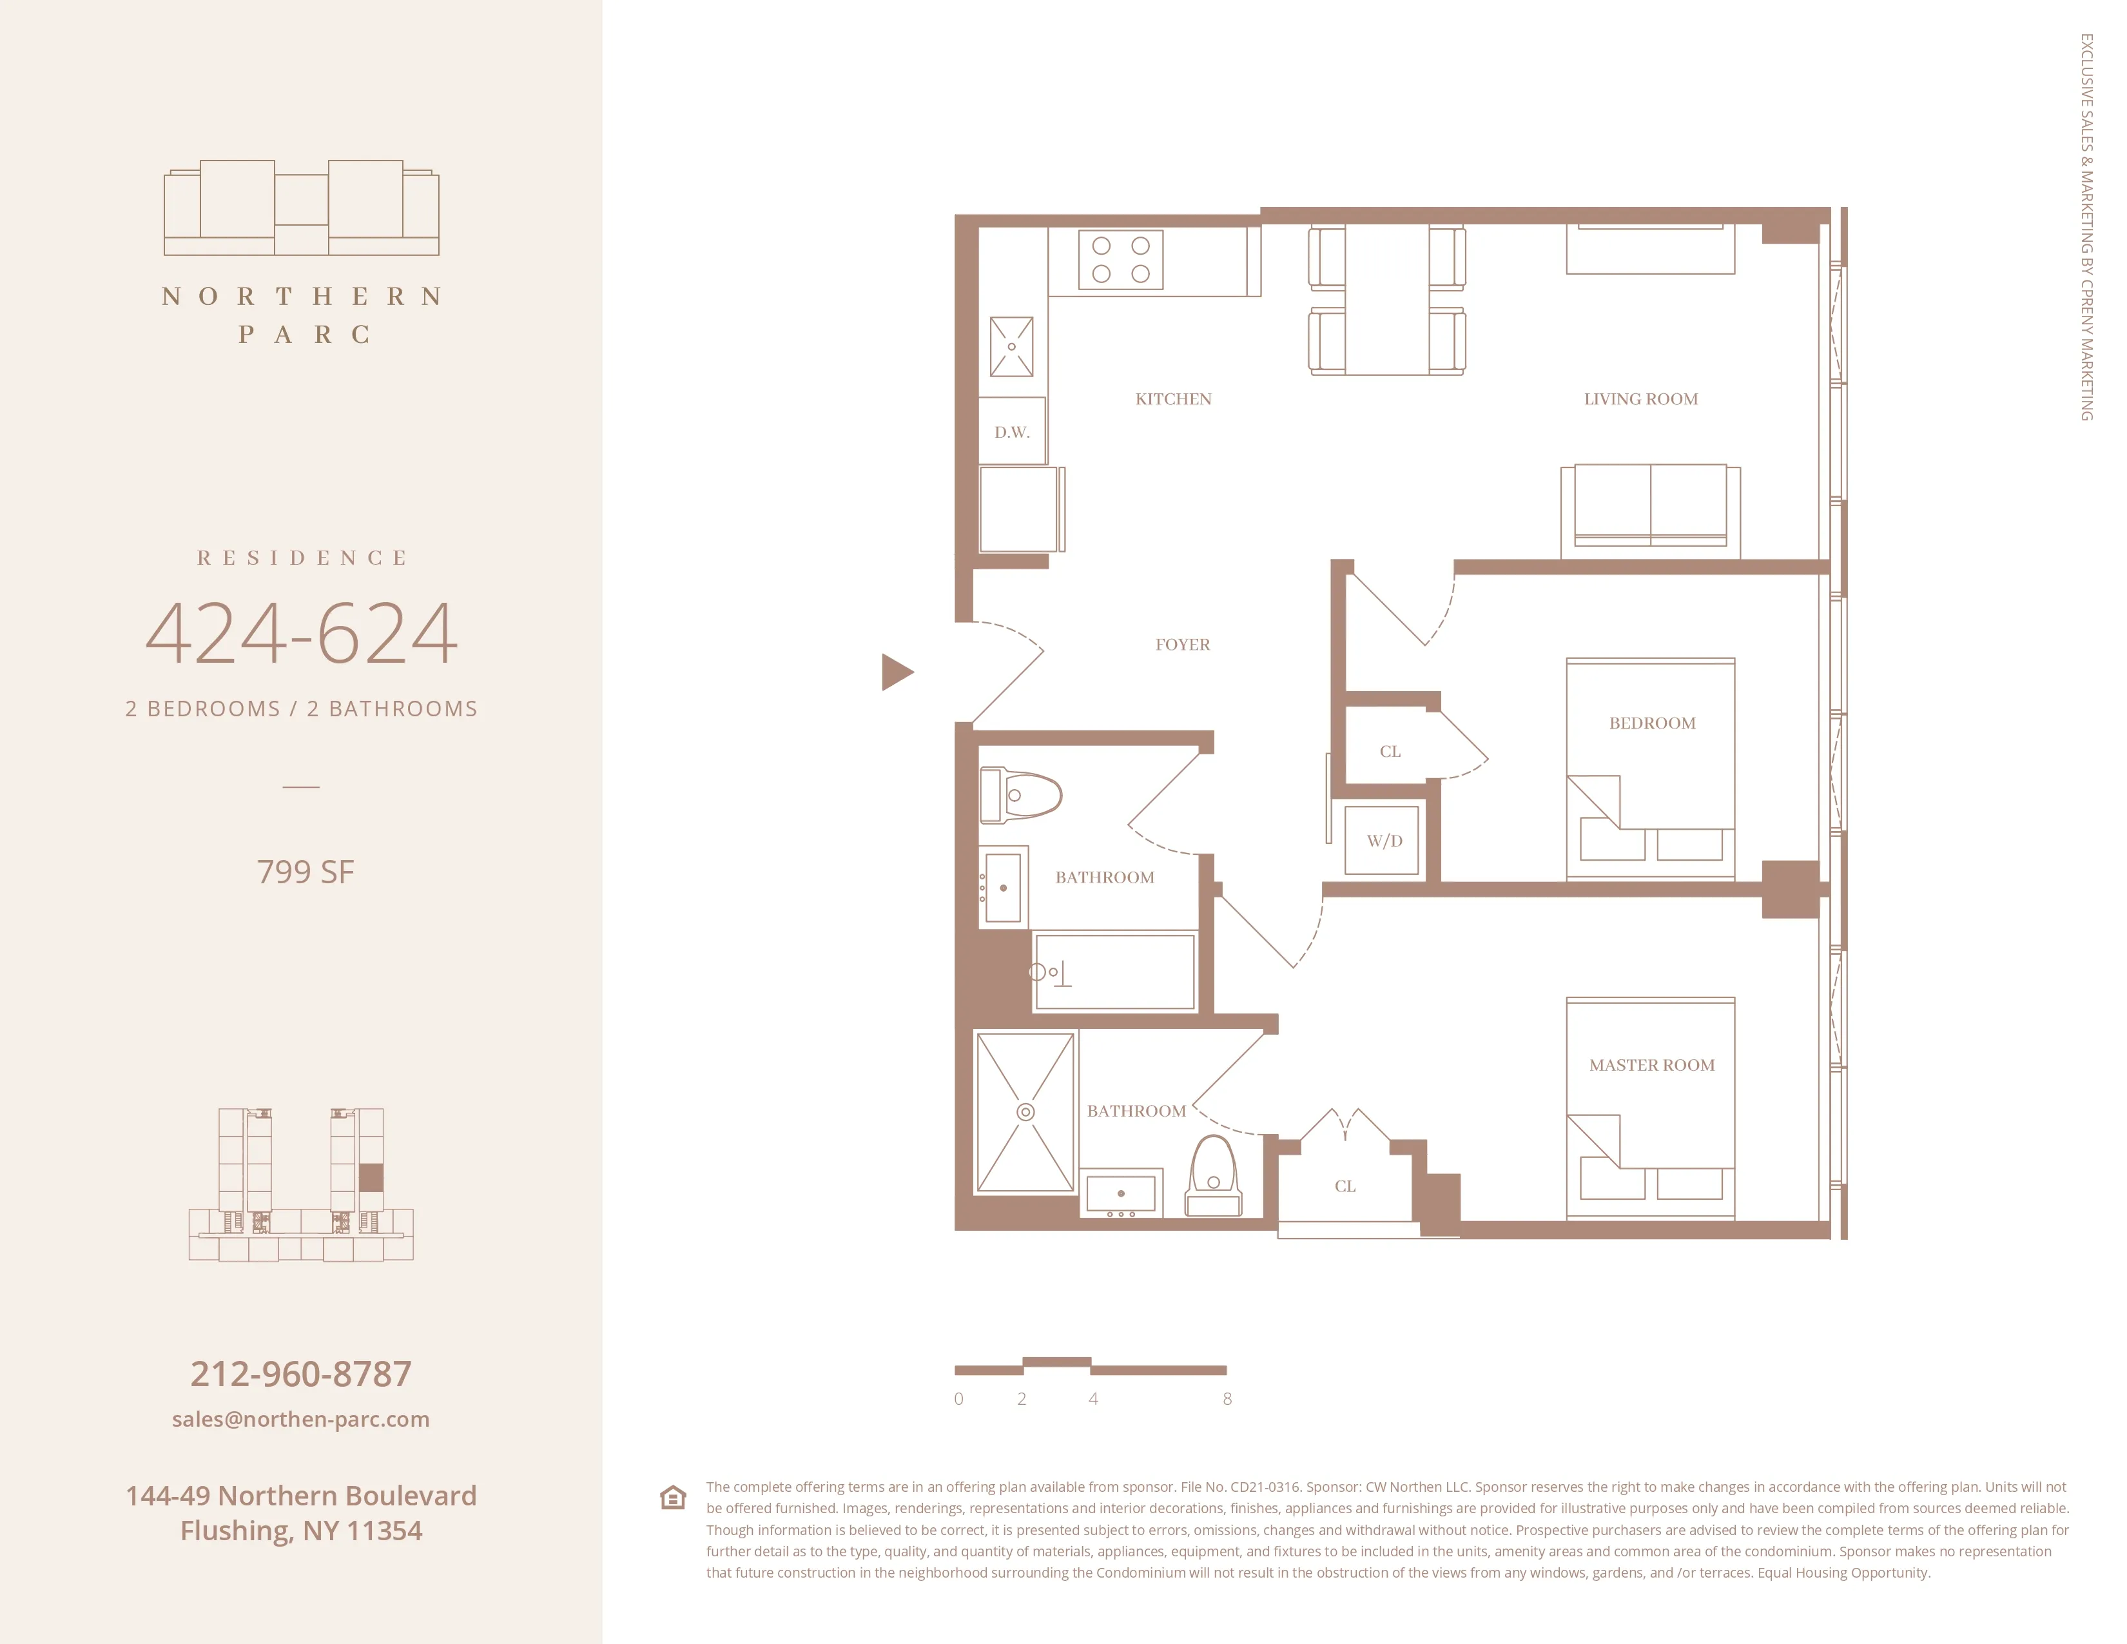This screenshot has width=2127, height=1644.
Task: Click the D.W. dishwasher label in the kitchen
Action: [x=1012, y=433]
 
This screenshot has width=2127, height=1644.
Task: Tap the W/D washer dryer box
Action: [x=1384, y=841]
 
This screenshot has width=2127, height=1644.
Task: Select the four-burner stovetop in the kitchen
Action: [x=1120, y=260]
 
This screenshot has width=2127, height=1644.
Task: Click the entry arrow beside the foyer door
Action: [x=895, y=672]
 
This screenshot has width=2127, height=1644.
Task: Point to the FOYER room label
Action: [x=1182, y=645]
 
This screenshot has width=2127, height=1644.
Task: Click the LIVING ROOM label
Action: [x=1640, y=399]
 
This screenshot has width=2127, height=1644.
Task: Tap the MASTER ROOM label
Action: [x=1652, y=1066]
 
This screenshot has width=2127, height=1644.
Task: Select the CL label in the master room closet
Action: [x=1345, y=1186]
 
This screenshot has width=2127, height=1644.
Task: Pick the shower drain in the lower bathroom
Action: [x=1025, y=1112]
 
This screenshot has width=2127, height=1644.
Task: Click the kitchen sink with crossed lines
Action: [x=1012, y=347]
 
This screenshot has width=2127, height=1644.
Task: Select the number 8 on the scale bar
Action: [x=1227, y=1398]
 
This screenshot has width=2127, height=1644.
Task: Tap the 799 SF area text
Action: [x=305, y=872]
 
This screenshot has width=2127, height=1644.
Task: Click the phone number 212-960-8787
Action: [x=301, y=1375]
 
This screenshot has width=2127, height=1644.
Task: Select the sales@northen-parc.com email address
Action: [x=301, y=1419]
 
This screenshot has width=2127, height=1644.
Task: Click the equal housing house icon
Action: [x=673, y=1497]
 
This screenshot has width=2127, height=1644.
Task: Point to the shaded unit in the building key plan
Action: [x=371, y=1177]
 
